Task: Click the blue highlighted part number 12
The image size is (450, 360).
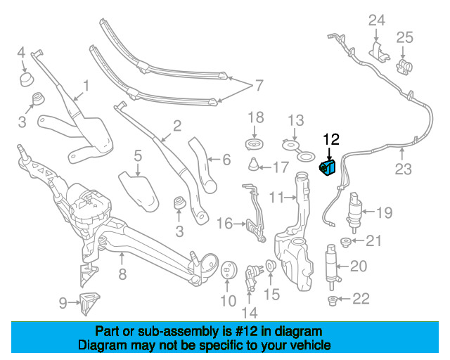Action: [328, 169]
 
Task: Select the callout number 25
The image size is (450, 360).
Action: [404, 37]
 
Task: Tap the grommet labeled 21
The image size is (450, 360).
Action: [346, 243]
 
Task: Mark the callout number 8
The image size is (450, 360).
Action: [122, 275]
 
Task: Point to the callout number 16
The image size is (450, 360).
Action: [224, 224]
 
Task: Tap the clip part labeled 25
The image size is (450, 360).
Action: [404, 67]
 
